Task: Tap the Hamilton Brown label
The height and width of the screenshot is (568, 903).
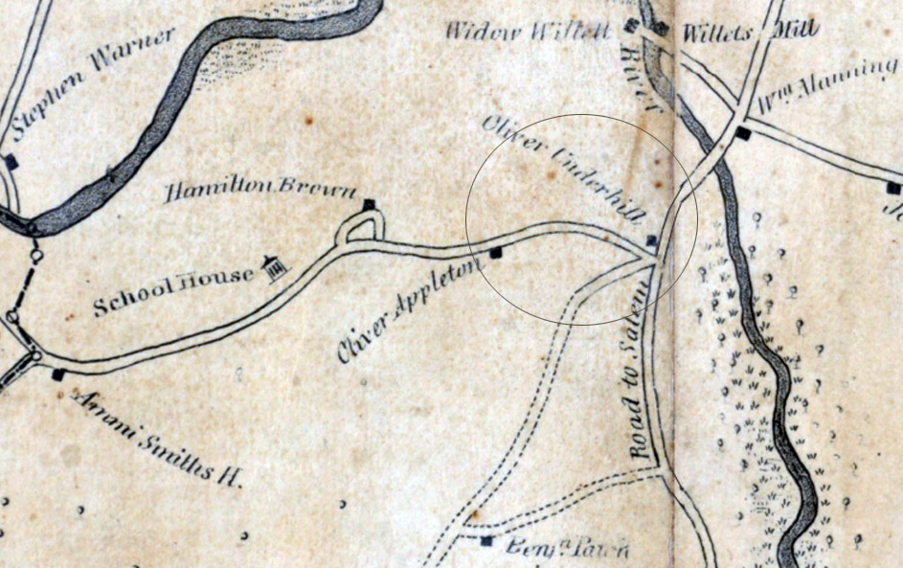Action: point(260,192)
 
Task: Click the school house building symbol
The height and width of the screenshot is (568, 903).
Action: point(276,269)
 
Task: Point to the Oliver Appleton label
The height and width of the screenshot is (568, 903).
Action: point(406,310)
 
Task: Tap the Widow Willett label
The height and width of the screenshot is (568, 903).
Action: point(528,32)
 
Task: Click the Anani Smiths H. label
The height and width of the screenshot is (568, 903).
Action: point(158,437)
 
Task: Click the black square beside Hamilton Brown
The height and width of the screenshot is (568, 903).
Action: point(369,204)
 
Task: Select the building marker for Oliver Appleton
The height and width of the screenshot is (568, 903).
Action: point(496,253)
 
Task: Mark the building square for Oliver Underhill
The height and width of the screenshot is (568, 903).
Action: point(651,240)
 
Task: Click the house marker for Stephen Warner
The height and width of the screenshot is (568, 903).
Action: point(11,162)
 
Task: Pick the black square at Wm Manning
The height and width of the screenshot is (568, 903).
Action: point(743,133)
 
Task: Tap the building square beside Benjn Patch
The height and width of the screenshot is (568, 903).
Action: point(486,541)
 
